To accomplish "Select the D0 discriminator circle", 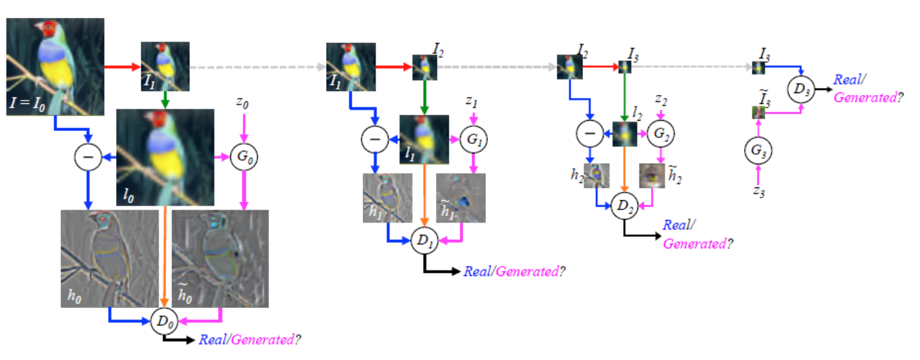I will [163, 321].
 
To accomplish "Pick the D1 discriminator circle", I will [424, 242].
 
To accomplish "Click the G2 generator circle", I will [661, 134].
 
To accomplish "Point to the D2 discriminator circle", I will [623, 206].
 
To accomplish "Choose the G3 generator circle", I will [758, 151].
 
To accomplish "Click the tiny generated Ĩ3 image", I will [758, 113].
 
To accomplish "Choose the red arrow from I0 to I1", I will [122, 66].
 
